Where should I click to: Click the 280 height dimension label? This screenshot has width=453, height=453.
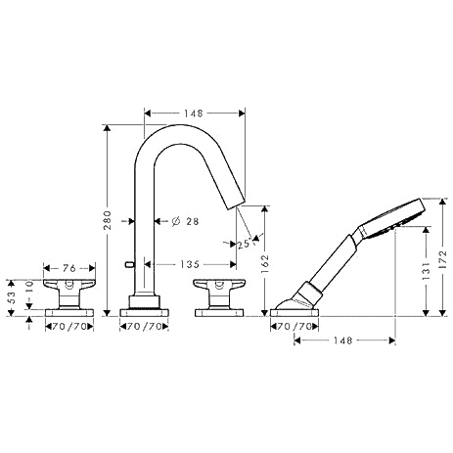coord(108,220)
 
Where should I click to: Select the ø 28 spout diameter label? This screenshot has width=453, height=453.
coord(185,221)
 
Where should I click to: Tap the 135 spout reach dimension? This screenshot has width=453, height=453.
coord(190,264)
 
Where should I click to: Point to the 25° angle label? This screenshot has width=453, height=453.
coord(245,244)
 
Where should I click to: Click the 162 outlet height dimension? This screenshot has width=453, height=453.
coord(264,263)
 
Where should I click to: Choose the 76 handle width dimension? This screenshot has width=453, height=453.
coord(69,268)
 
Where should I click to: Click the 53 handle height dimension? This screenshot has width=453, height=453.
coord(12,297)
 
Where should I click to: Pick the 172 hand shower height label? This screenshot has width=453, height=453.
coord(442,259)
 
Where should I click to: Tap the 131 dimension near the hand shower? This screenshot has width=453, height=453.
coord(426,270)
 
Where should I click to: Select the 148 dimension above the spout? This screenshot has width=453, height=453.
coord(194,113)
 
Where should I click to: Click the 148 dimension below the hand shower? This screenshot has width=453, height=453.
coord(343,340)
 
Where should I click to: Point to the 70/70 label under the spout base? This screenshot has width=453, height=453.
coord(145,326)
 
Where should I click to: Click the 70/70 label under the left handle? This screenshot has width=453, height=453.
coord(69,326)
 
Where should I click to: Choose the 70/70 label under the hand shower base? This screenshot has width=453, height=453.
coord(294,326)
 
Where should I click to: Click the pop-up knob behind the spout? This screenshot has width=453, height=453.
coord(129,264)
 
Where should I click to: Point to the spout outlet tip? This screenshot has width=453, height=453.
coord(236,204)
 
